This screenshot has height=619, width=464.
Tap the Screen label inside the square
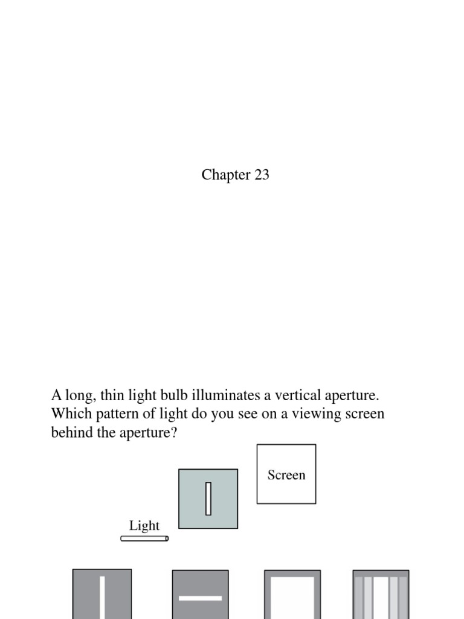[x=286, y=475]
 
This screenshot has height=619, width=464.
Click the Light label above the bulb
[x=144, y=525]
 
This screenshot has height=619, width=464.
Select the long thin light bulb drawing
[x=144, y=538]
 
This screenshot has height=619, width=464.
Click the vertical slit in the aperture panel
[x=208, y=499]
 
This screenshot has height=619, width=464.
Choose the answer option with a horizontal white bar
[x=200, y=596]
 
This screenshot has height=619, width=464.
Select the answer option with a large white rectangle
[x=292, y=596]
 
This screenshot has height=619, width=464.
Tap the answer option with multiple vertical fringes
[x=381, y=595]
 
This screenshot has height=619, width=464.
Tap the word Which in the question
[x=69, y=415]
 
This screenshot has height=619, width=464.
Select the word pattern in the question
[x=113, y=415]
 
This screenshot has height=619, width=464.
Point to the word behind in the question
[x=71, y=433]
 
